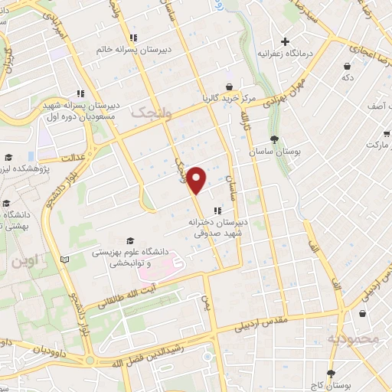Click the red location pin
tap(197, 179)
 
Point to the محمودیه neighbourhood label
tap(353, 338)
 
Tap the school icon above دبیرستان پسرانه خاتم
tap(133, 37)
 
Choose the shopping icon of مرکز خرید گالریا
tap(228, 87)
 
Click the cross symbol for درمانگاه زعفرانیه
tap(285, 41)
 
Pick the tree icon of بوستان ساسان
tap(273, 139)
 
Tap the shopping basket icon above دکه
tap(348, 65)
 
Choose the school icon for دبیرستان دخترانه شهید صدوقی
tap(218, 210)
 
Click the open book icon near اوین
tap(64, 260)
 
